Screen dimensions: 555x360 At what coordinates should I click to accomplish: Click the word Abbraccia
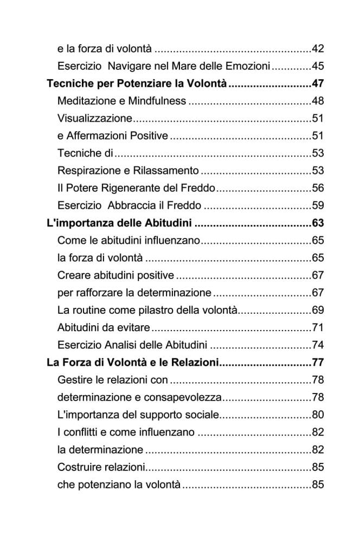pyautogui.click(x=134, y=205)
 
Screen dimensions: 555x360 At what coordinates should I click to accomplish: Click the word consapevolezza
pyautogui.click(x=183, y=397)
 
